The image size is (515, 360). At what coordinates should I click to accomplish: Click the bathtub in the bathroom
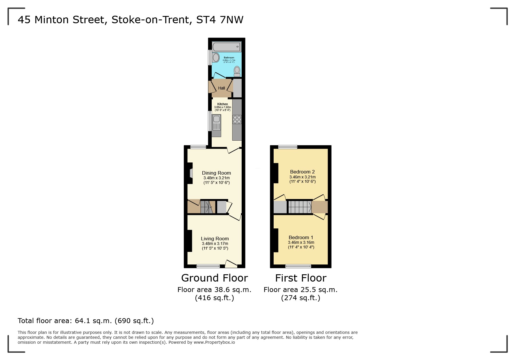pos(226,47)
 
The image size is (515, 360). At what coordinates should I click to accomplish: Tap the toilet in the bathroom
pos(237,71)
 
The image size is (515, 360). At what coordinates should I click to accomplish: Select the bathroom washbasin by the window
pos(216,58)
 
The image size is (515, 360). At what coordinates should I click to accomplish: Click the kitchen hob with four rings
pos(237,119)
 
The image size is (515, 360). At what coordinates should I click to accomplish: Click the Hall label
pos(222,88)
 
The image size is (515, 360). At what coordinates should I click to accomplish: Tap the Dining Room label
pos(216,173)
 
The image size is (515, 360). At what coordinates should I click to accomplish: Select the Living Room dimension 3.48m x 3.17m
pos(215,243)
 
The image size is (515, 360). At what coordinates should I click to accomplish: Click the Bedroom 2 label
pos(302,172)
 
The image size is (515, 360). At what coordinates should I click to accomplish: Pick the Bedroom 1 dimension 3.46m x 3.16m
pos(301,242)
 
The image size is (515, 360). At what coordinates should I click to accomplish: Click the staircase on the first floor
pos(300,207)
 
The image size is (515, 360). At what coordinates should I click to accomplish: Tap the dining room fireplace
pos(191,173)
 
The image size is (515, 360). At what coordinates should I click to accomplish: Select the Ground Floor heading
pos(214,278)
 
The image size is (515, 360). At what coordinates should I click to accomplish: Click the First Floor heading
pos(301,278)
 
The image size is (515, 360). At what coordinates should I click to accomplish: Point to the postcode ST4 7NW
pos(220,20)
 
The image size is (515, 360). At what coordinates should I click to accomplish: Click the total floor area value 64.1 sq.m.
pos(93,321)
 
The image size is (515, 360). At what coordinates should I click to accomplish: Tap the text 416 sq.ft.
pos(214,298)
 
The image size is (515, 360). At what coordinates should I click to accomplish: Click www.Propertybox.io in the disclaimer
pos(214,342)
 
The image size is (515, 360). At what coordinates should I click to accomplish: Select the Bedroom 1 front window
pos(298,266)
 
